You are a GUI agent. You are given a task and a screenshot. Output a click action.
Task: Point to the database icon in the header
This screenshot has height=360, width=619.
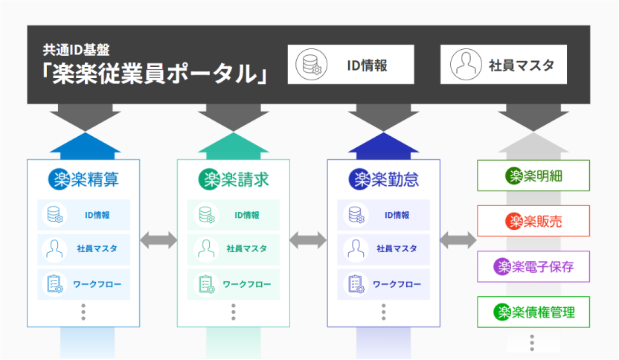311,65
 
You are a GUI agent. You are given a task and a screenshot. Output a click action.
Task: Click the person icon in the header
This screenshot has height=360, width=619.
466,65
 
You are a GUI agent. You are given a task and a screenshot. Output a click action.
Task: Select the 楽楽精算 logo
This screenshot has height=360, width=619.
83,179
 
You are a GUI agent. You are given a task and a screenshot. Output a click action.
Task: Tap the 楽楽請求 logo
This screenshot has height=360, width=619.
234,179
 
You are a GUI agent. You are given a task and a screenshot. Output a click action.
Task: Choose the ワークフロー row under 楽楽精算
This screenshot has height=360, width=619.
83,284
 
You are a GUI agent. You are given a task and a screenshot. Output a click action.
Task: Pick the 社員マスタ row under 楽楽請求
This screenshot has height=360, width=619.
234,249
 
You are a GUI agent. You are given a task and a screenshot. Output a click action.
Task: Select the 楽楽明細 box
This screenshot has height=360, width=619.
533,176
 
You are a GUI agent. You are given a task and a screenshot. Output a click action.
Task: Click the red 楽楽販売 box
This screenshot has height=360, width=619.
533,221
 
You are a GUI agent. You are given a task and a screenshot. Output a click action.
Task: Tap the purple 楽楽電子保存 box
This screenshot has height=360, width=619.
533,266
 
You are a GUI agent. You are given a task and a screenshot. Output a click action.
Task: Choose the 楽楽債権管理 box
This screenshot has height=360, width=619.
533,312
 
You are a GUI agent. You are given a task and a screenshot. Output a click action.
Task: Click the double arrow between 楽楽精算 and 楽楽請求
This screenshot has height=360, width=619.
158,240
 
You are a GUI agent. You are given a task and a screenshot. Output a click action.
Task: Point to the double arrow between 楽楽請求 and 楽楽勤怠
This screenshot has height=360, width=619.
308,240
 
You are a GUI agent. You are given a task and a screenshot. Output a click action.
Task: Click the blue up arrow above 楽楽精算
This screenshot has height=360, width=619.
83,144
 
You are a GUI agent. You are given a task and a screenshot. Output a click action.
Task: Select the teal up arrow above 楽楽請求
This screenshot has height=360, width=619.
234,144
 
